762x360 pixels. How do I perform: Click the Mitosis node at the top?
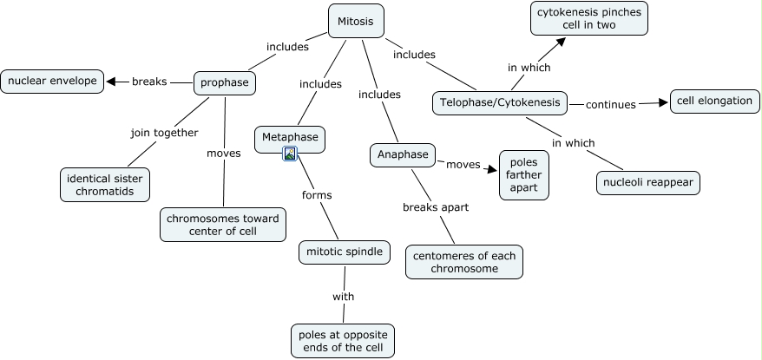(356, 21)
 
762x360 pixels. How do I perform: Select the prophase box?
(224, 83)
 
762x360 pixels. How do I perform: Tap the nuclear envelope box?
(52, 82)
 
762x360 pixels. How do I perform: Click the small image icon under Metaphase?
(291, 154)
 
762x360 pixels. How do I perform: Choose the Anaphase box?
(402, 155)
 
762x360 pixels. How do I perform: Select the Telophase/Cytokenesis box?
(499, 103)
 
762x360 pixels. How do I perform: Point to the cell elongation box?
(714, 101)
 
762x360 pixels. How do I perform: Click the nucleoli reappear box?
(648, 183)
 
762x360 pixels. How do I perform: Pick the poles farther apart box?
(524, 175)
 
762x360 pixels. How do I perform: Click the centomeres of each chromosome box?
(464, 261)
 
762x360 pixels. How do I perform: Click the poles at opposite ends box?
(343, 341)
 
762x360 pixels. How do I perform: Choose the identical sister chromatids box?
(105, 184)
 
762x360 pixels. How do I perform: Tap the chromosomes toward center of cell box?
(223, 225)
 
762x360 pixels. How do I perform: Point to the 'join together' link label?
(164, 133)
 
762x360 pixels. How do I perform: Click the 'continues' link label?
(610, 105)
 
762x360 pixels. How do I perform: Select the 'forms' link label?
(317, 195)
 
